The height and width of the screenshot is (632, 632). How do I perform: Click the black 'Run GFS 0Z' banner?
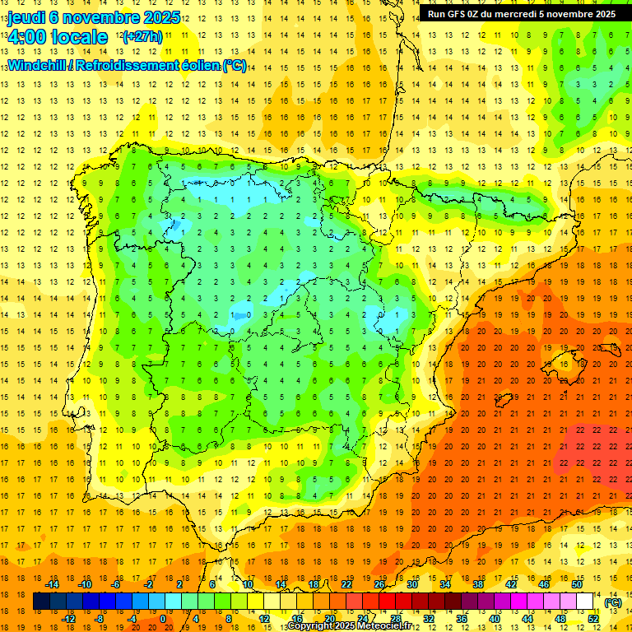521,14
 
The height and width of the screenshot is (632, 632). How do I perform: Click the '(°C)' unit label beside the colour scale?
612,602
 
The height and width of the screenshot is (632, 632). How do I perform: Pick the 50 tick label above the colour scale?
577,584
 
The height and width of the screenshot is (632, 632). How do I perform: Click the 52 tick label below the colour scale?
593,619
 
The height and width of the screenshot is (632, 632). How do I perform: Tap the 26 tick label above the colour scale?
379,584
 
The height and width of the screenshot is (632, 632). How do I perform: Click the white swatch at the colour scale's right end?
585,602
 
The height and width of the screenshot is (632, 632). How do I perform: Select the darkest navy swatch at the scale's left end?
42,602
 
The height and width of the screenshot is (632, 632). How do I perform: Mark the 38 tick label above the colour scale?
478,584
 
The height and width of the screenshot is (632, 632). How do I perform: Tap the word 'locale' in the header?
80,37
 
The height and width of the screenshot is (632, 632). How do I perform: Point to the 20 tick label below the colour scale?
330,619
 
